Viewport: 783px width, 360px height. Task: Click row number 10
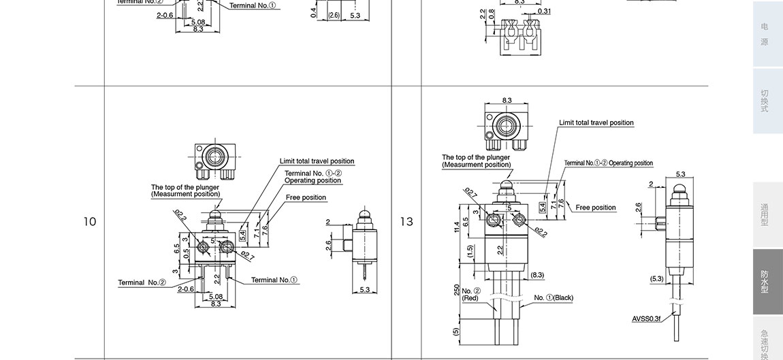(89, 222)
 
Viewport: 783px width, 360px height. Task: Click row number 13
(406, 222)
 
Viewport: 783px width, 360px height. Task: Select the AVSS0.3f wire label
(646, 318)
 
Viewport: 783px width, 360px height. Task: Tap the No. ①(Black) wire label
(554, 297)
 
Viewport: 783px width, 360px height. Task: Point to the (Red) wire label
(470, 298)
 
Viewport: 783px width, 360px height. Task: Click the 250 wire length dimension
(457, 291)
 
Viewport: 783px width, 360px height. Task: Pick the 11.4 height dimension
(457, 226)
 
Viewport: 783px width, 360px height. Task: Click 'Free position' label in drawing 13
(595, 208)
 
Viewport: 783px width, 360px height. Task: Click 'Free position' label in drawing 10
(306, 197)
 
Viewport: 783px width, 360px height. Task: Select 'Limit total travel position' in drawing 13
(596, 122)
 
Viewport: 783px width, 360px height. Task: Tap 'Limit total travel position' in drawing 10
(317, 161)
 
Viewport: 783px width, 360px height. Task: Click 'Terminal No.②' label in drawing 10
(142, 282)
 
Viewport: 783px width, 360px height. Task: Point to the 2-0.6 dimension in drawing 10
(186, 289)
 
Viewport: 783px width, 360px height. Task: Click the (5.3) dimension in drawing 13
(656, 278)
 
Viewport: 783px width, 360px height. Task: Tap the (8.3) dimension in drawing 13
(537, 275)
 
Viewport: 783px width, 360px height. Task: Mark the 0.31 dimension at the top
(544, 11)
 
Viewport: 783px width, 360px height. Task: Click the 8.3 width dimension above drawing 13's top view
(507, 100)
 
